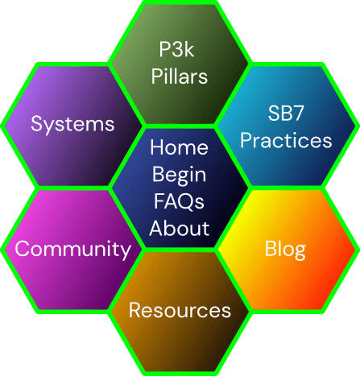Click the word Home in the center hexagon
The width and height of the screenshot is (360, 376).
[x=179, y=147]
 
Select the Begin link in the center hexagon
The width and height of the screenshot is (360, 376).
[x=179, y=176]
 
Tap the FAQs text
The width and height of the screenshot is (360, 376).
[x=179, y=201]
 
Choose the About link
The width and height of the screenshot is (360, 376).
[x=180, y=228]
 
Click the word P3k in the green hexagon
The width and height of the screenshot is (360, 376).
[x=176, y=49]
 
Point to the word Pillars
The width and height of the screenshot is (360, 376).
[x=180, y=76]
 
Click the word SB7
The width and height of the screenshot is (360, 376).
[x=286, y=113]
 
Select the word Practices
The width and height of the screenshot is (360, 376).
[x=286, y=140]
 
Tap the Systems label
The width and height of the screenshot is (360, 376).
[x=72, y=124]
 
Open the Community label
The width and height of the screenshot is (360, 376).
[x=72, y=250]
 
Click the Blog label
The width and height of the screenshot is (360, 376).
[x=285, y=250]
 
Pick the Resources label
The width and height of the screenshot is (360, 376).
[x=180, y=310]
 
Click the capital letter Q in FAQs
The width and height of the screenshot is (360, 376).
[x=186, y=202]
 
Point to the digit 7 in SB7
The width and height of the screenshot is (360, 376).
[x=298, y=113]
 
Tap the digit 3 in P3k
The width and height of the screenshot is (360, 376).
[x=176, y=49]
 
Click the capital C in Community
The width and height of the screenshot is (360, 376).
[x=23, y=248]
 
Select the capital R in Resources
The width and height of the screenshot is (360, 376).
[x=135, y=310]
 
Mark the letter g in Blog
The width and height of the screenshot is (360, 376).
[x=299, y=252]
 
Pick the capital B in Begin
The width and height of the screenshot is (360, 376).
[x=158, y=174]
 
